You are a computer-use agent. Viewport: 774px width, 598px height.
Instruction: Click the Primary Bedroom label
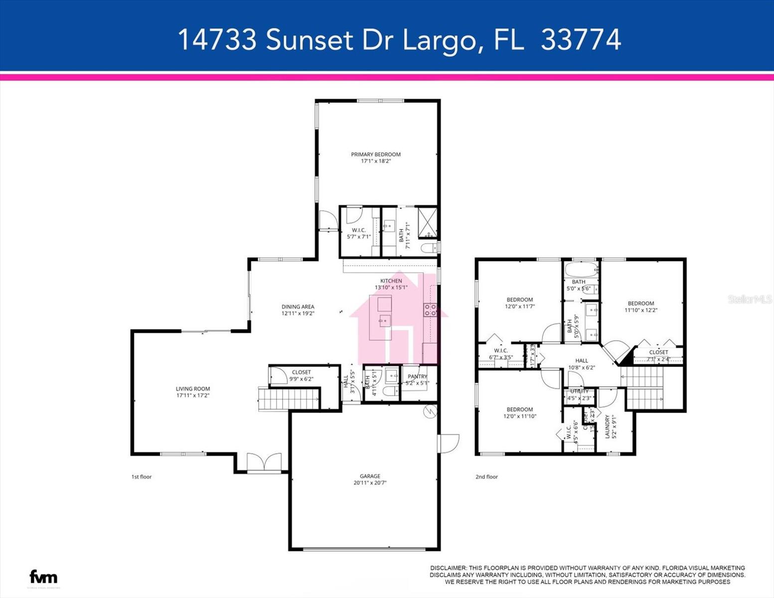click(375, 154)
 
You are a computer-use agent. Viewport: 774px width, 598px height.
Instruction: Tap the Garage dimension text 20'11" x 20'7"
click(370, 482)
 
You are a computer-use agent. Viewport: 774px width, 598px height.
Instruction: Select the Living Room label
click(193, 389)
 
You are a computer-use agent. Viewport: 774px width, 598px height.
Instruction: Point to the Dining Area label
click(298, 307)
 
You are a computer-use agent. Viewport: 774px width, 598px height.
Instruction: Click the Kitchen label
click(391, 281)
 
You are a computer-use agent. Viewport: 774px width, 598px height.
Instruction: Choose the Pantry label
click(417, 377)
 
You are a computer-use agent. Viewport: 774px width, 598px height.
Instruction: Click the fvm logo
click(43, 577)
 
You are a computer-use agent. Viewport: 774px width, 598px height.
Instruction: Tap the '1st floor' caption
click(142, 477)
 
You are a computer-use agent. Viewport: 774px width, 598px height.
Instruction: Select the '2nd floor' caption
click(486, 477)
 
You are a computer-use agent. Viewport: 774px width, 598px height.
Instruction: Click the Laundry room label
click(608, 427)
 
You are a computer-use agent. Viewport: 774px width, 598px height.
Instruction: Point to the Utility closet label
click(579, 391)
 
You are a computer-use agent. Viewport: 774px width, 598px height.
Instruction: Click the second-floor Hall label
click(582, 361)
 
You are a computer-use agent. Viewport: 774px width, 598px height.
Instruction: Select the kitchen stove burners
click(430, 310)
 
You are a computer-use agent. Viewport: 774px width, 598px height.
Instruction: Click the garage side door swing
click(449, 444)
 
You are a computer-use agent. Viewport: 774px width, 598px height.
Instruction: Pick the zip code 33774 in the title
click(581, 39)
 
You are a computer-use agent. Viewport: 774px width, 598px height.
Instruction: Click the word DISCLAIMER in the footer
click(448, 568)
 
